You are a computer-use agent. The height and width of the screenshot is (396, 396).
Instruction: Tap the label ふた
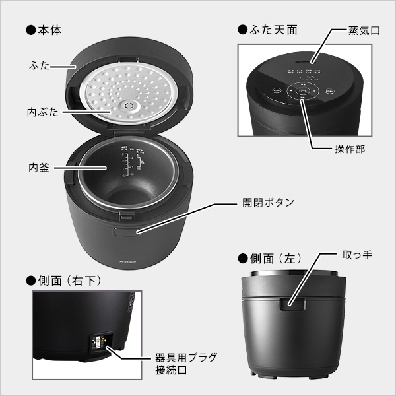38,66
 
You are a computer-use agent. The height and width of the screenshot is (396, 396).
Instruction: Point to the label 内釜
38,166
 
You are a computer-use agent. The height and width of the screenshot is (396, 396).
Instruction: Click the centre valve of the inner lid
127,105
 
